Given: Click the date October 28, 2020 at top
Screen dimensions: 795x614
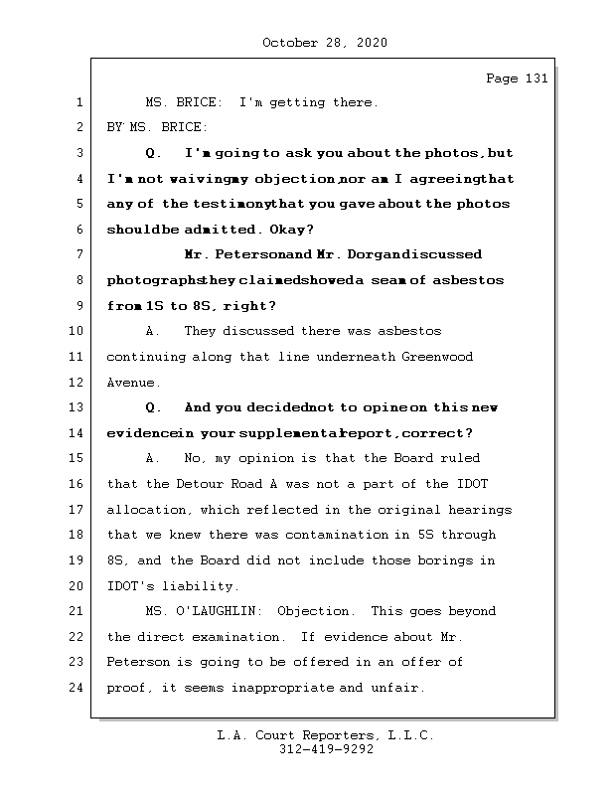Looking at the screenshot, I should [325, 43].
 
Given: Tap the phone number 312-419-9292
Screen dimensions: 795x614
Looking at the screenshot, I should [326, 750].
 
